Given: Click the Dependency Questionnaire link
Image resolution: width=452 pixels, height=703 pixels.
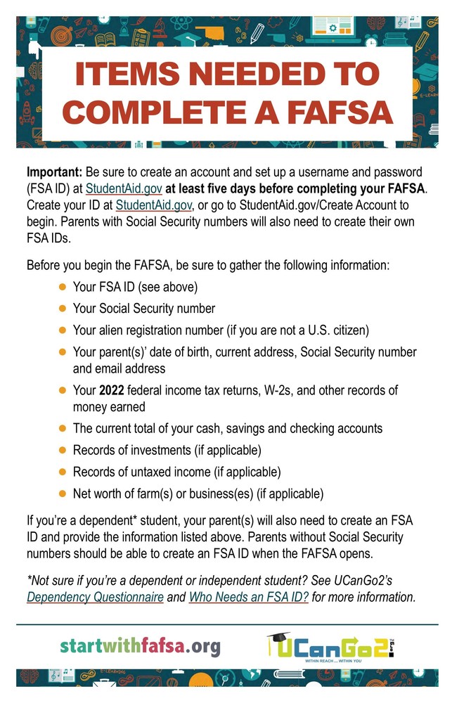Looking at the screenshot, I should click(x=95, y=598).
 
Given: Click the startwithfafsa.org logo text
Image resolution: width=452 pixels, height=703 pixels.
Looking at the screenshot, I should click(x=140, y=645).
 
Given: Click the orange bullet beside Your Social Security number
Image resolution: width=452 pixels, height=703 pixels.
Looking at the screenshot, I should click(x=62, y=308).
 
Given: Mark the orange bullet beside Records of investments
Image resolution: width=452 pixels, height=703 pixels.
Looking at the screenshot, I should click(x=62, y=450).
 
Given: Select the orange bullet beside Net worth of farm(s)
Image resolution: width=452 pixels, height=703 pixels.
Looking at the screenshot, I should click(x=62, y=494).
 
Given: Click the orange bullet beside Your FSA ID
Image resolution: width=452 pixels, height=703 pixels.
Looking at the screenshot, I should click(x=62, y=287).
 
